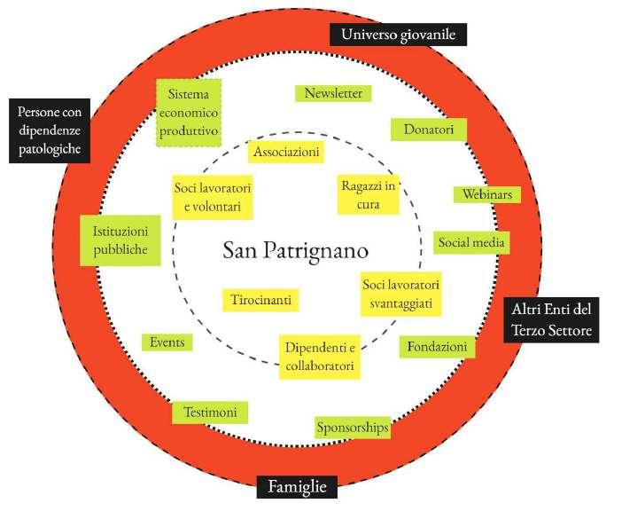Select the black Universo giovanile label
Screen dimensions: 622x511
click(x=398, y=35)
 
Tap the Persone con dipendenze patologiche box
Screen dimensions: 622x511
click(x=50, y=130)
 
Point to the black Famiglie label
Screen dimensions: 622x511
click(x=298, y=487)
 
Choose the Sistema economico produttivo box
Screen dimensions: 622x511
click(x=189, y=113)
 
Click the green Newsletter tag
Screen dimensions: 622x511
click(x=333, y=93)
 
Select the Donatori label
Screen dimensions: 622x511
click(x=429, y=130)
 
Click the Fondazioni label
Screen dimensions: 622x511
click(x=438, y=347)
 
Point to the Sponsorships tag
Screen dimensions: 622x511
click(x=353, y=428)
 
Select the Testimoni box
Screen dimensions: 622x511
click(x=210, y=413)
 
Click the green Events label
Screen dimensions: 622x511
click(x=167, y=342)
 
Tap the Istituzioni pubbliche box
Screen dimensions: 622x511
click(x=121, y=240)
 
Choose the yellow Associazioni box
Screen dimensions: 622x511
click(x=286, y=153)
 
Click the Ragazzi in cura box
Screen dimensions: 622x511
click(x=369, y=195)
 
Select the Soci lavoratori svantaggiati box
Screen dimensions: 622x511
click(x=402, y=295)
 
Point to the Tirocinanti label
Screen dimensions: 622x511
click(x=260, y=300)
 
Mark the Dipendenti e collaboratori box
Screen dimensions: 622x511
click(x=320, y=356)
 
